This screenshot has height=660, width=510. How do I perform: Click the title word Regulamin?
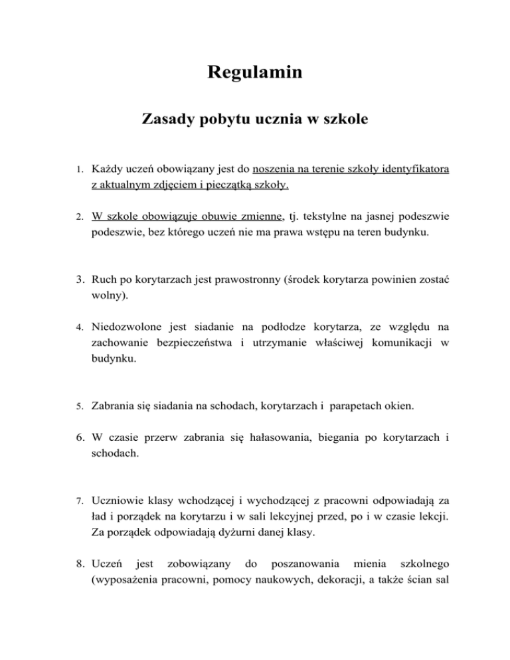point(255,71)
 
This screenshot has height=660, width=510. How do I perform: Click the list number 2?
point(78,216)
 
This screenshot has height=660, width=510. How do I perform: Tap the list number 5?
point(78,404)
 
